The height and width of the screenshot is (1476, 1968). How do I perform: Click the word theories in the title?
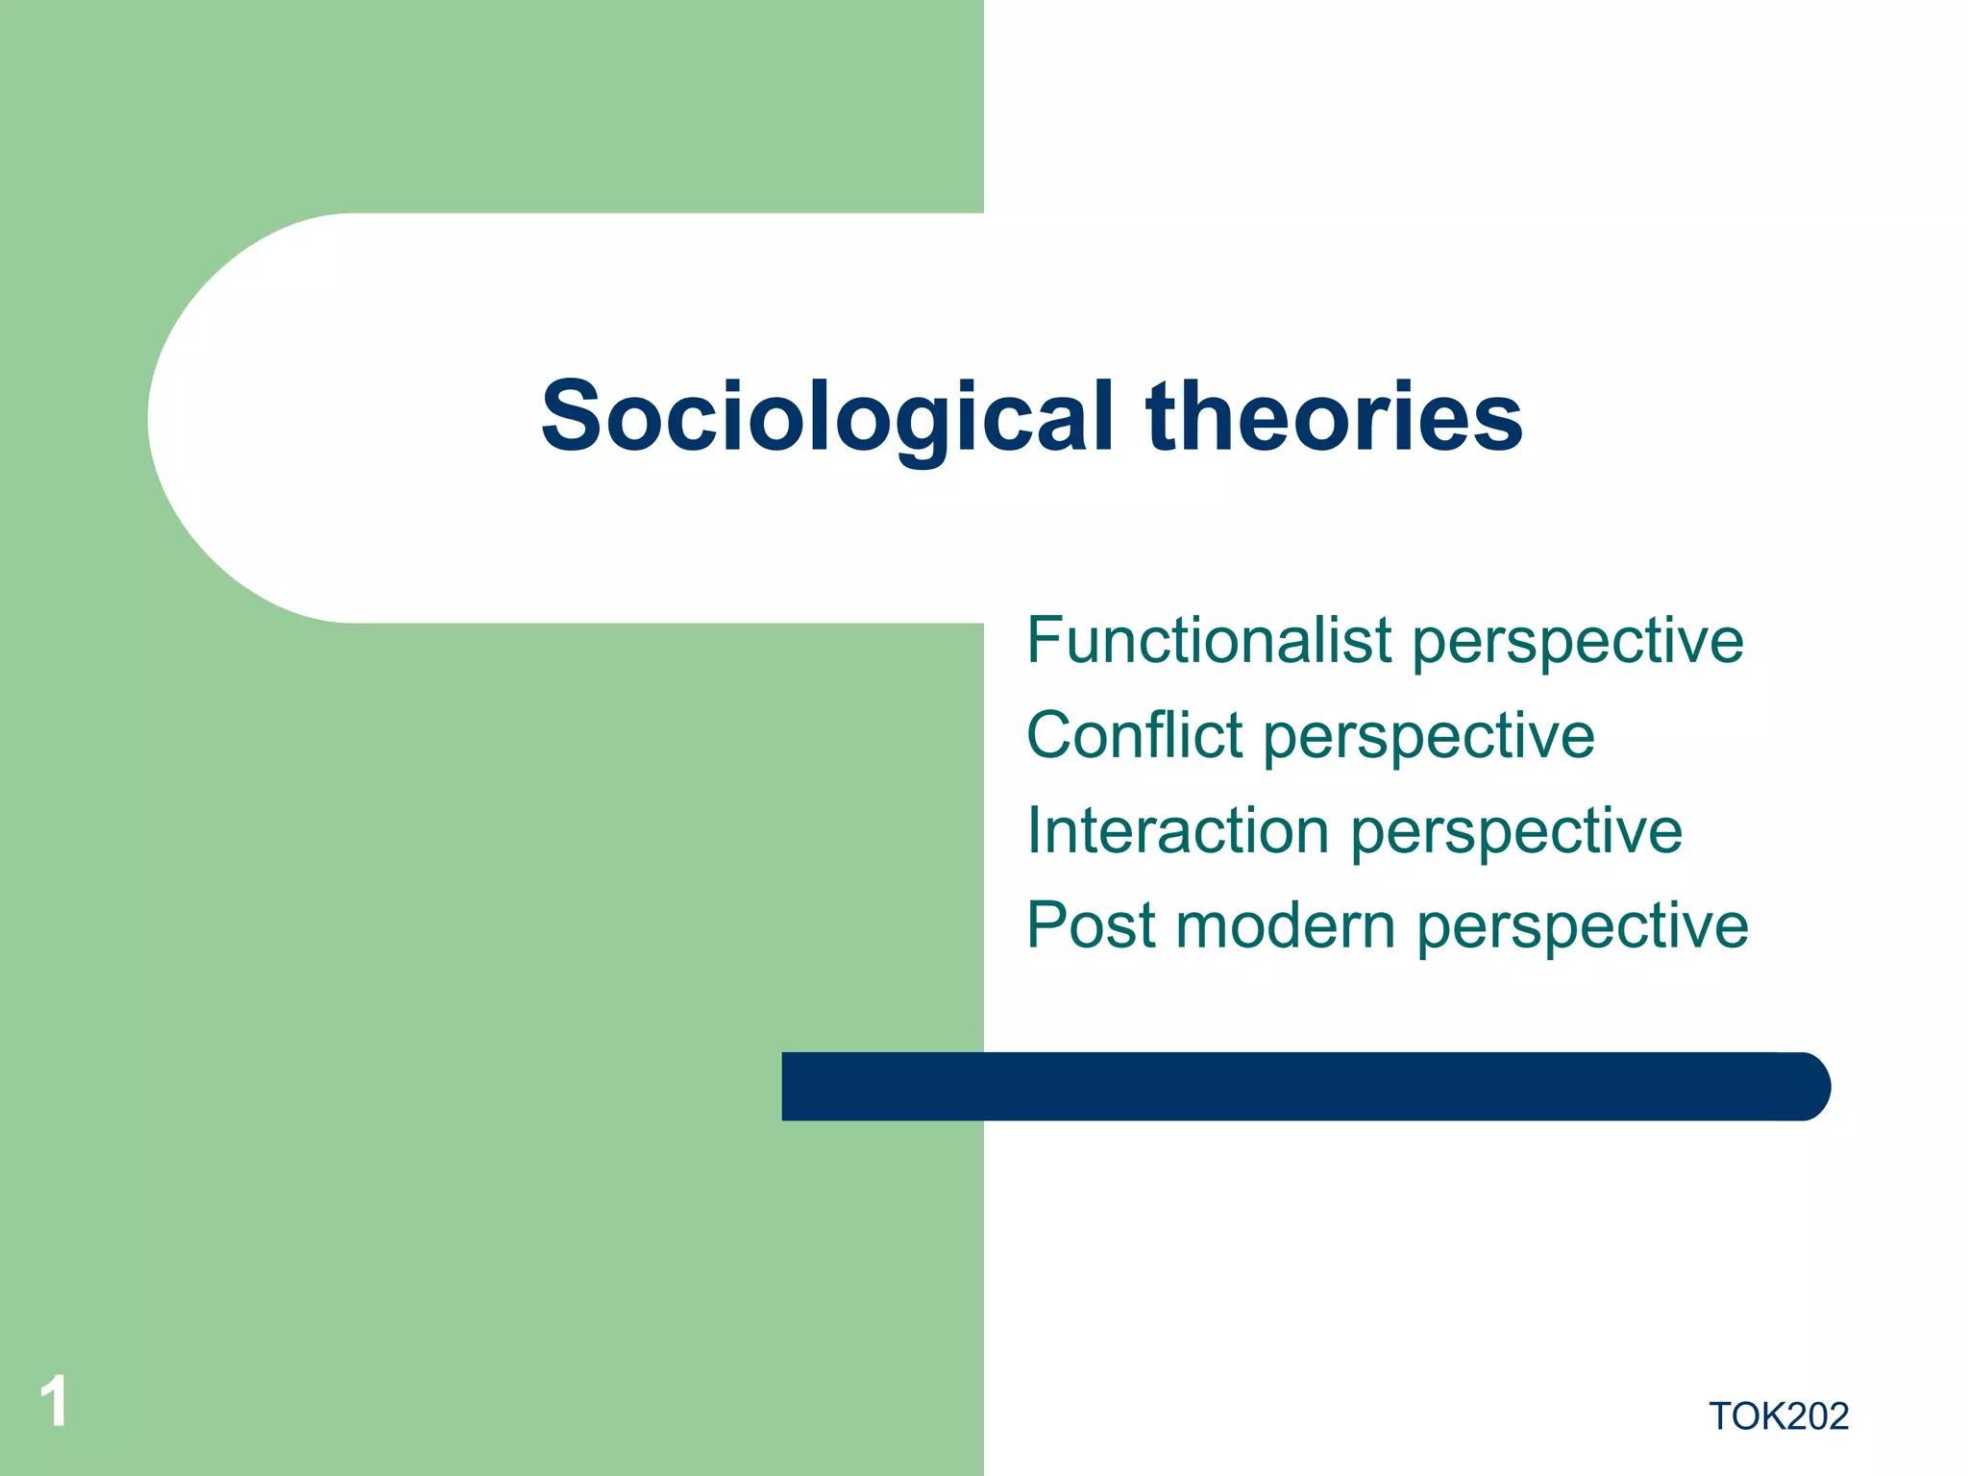point(1334,418)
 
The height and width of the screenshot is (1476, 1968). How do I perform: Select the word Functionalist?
point(1209,641)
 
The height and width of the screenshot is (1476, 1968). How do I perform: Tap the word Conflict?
point(1134,736)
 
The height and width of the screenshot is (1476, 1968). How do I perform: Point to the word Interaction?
point(1177,830)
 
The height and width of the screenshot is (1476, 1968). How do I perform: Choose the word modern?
point(1285,925)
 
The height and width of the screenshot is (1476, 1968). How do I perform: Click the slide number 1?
point(54,1402)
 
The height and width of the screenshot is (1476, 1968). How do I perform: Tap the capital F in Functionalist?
point(1045,641)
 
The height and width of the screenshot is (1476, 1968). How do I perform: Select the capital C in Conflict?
point(1051,736)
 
